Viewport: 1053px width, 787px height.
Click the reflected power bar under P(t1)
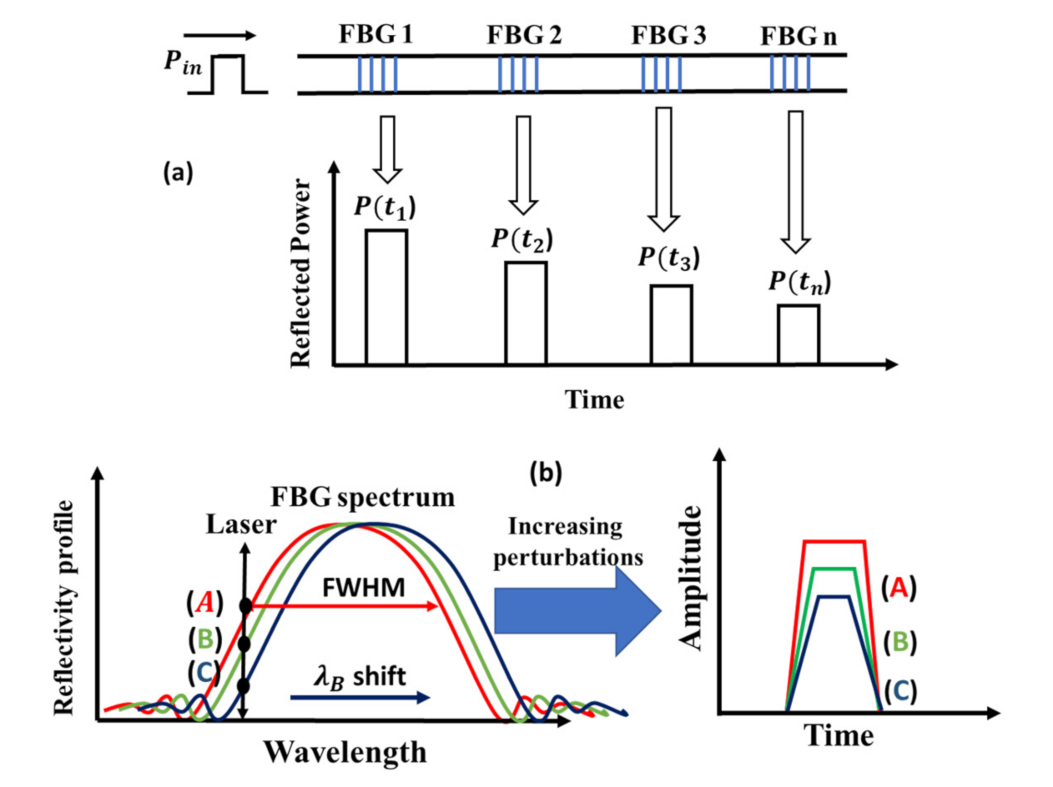coord(386,297)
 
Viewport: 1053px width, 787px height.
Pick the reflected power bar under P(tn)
coord(799,334)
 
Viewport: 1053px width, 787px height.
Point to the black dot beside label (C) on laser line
coord(244,685)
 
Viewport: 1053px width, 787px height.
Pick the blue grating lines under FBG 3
coord(662,73)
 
